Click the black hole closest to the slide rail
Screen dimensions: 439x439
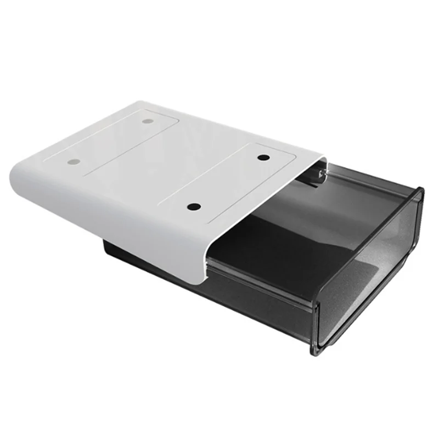coord(263,157)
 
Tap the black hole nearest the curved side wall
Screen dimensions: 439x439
coord(194,207)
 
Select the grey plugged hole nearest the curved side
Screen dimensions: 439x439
coord(73,162)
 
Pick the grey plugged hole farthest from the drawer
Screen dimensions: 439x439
coord(147,121)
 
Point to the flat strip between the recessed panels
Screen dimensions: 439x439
coord(165,165)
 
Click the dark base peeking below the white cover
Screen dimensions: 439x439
coord(132,258)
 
